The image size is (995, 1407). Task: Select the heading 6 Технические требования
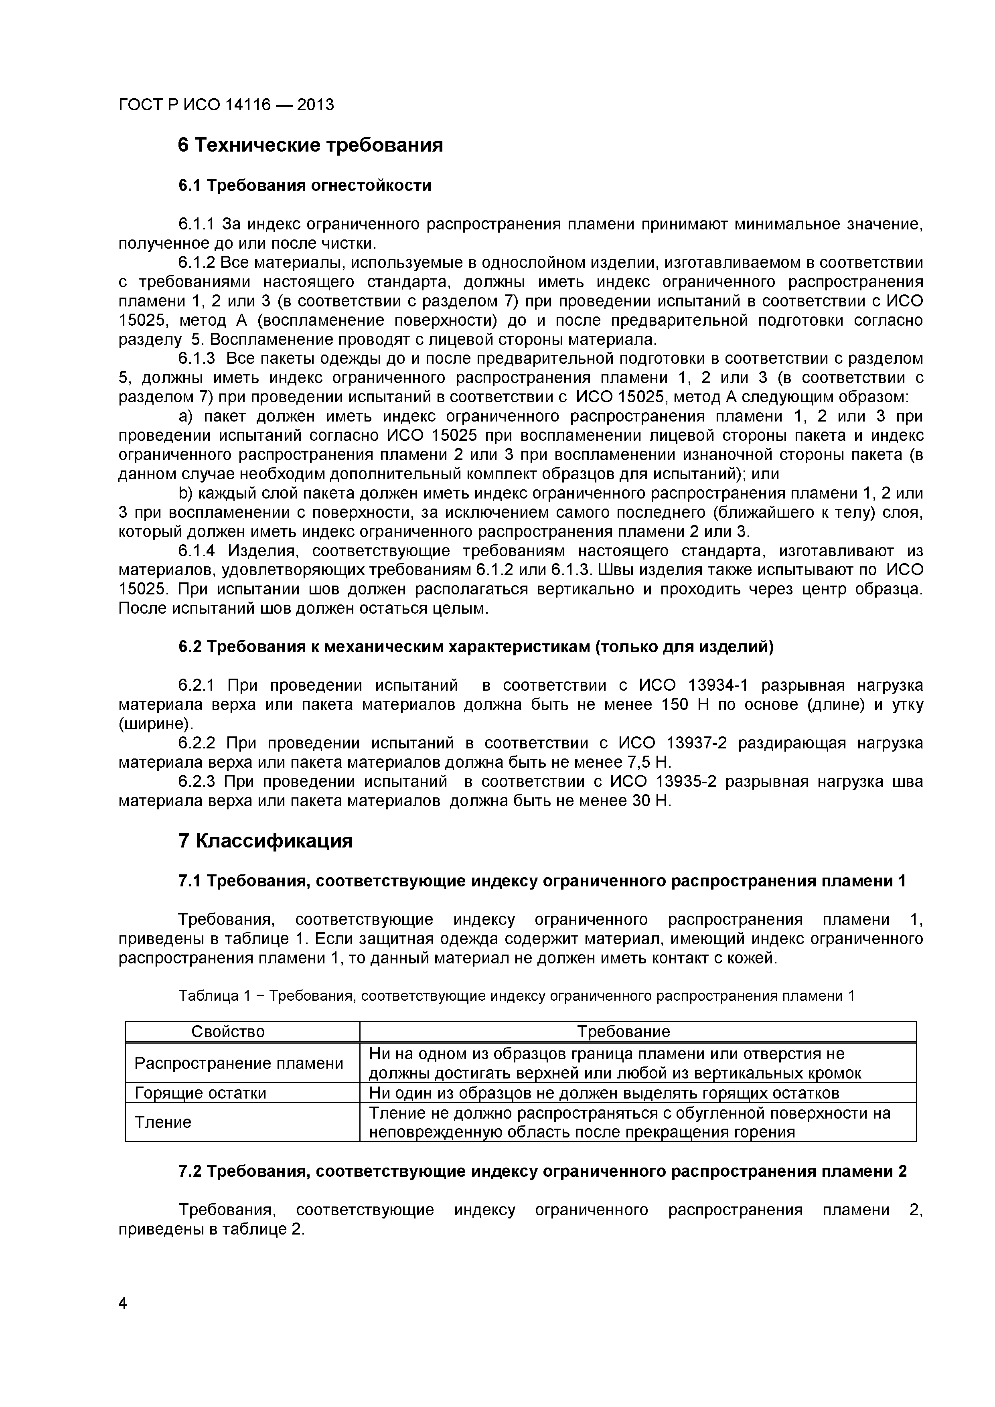click(x=310, y=145)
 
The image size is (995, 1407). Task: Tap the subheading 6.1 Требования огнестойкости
click(x=304, y=185)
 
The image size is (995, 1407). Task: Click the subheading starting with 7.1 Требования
click(x=541, y=881)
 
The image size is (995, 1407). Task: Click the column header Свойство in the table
click(x=228, y=1031)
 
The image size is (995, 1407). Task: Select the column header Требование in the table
click(x=624, y=1031)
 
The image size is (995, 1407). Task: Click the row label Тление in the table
click(x=163, y=1122)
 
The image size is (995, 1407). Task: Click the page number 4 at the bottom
click(x=123, y=1320)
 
